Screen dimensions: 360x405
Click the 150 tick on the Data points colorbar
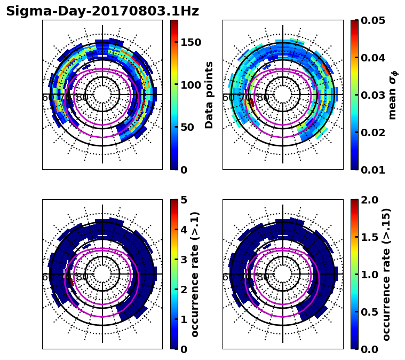pos(191,43)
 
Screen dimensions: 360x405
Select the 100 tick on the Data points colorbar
pos(191,85)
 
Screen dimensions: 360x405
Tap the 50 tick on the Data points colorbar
pos(187,128)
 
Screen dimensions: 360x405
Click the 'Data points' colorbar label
pos(209,95)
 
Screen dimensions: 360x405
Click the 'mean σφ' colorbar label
pos(393,95)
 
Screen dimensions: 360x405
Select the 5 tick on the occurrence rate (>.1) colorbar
pos(184,200)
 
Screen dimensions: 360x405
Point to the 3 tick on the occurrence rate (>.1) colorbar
pos(184,260)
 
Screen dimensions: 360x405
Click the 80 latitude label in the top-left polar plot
pos(82,98)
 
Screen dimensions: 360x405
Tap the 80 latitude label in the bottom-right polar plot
pos(263,277)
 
